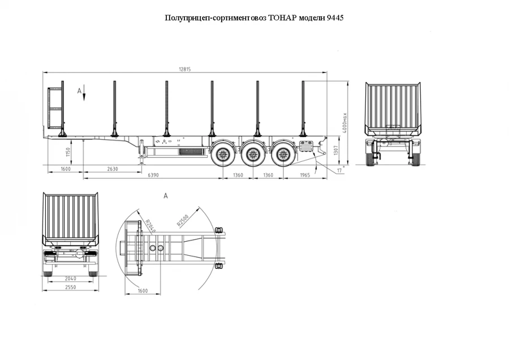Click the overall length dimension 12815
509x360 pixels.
coord(185,69)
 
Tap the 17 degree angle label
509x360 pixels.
coord(339,169)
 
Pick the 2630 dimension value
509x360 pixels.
coord(112,169)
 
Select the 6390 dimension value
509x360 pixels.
coord(153,175)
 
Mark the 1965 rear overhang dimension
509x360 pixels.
coord(305,175)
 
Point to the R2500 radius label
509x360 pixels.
coord(182,220)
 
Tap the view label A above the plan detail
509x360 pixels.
coord(166,195)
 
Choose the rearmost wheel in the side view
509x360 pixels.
coord(281,155)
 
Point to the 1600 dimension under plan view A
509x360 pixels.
coord(143,291)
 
